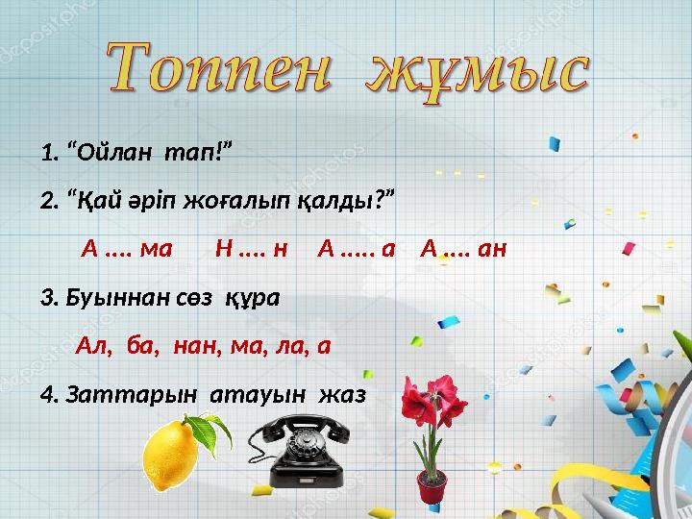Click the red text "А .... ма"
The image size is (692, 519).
(x=127, y=250)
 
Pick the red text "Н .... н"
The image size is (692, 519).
(x=251, y=250)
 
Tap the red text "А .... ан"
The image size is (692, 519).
(x=463, y=250)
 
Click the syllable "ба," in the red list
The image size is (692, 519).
(x=142, y=345)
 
